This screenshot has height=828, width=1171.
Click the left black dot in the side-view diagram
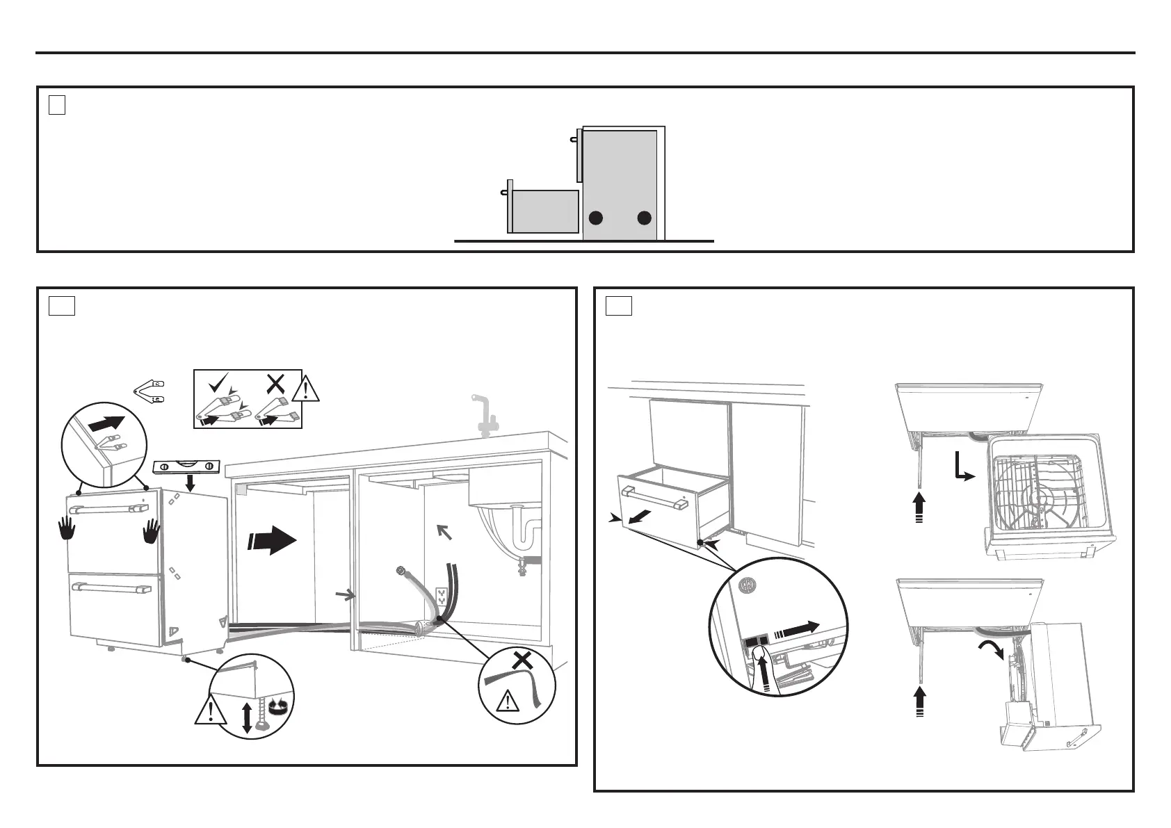click(x=595, y=218)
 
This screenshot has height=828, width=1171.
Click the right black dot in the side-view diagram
click(x=645, y=218)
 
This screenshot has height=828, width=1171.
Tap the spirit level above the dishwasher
click(x=186, y=466)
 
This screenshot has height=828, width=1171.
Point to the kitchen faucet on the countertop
click(x=485, y=416)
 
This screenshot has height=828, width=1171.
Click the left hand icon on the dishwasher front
click(x=67, y=530)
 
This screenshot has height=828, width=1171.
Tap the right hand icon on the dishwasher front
click(x=151, y=532)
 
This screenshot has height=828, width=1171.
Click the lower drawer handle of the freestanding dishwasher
click(x=111, y=588)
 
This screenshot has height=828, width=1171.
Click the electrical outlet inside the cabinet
click(x=441, y=596)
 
